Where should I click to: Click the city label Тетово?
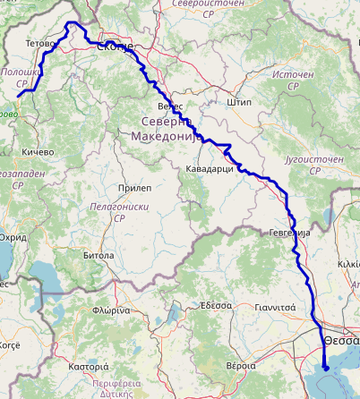point(40,42)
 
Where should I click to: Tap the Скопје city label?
point(114,47)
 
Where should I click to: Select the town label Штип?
point(239,102)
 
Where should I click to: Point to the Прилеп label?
point(134,188)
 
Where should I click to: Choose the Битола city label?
point(98,255)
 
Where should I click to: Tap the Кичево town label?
point(39,152)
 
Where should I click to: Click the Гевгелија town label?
point(288,232)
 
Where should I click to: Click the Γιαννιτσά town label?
point(275,305)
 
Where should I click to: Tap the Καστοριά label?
point(89,367)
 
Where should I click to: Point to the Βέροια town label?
point(241,367)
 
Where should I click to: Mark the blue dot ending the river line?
point(326,367)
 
